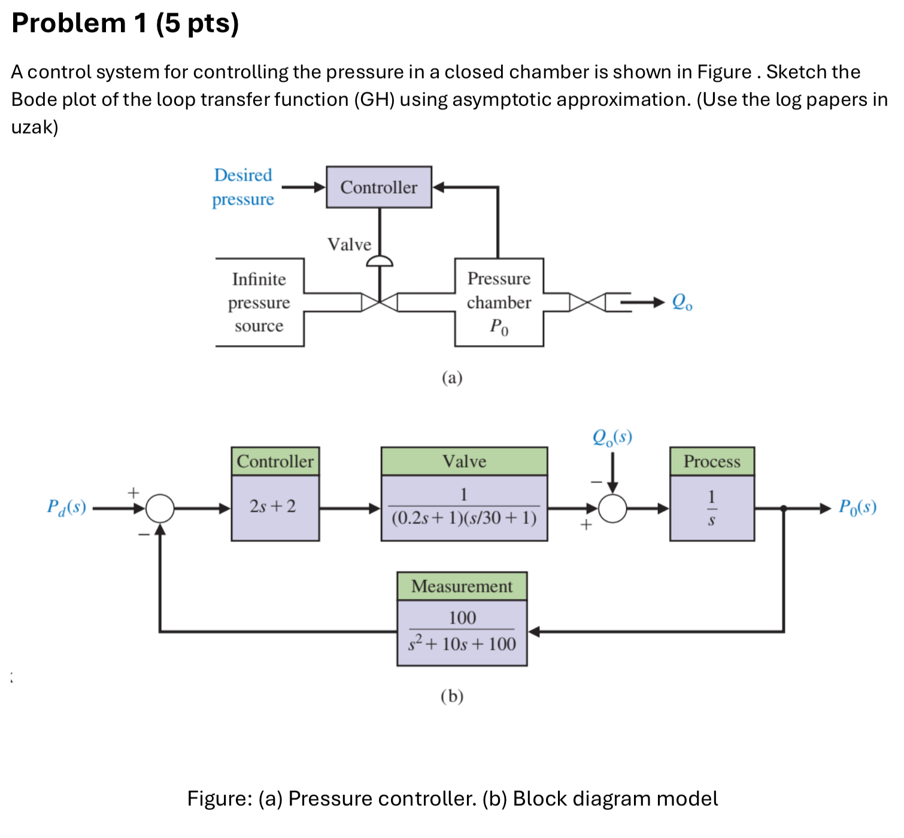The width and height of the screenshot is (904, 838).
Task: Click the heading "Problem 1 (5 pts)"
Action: (125, 23)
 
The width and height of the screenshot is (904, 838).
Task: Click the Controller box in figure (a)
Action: (378, 187)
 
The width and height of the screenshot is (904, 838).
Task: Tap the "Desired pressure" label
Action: (243, 187)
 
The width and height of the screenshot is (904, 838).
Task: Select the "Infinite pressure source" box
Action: (259, 302)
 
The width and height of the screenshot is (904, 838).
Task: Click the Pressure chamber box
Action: (499, 302)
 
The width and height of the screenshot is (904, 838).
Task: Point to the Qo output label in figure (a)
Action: (682, 302)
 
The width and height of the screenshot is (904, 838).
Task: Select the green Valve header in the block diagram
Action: (464, 461)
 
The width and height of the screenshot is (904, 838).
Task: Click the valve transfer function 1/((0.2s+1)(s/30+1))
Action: (464, 508)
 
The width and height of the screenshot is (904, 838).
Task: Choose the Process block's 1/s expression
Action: (711, 508)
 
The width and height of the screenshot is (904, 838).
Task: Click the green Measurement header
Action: (462, 586)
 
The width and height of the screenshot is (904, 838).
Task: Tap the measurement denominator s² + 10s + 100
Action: (462, 644)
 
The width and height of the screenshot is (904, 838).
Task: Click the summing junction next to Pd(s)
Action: (160, 509)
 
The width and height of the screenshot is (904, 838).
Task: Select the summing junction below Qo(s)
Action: (612, 509)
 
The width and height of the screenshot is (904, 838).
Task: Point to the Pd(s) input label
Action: (66, 507)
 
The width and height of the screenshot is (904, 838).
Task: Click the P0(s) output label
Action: (857, 507)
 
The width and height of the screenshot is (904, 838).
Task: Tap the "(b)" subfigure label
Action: (452, 696)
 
